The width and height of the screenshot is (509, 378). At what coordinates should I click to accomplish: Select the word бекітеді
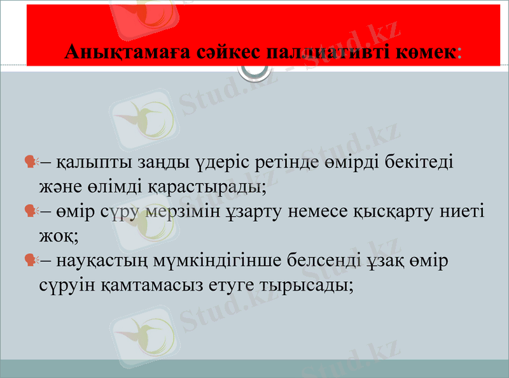(419, 163)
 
